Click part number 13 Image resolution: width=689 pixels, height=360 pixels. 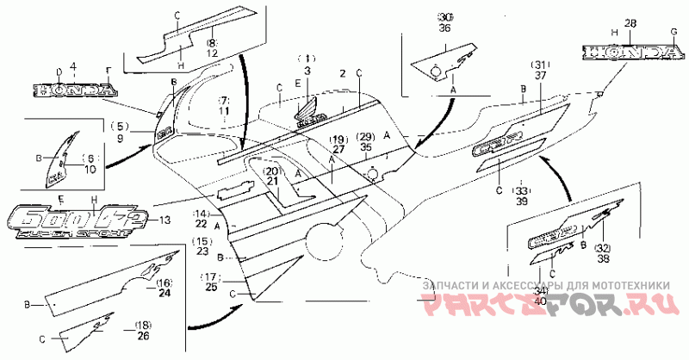(x=164, y=220)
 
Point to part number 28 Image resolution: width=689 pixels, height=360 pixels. (x=631, y=22)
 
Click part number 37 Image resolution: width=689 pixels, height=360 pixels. (x=540, y=76)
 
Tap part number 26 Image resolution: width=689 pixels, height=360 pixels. (x=143, y=335)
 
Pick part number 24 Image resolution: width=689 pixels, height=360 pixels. (x=164, y=293)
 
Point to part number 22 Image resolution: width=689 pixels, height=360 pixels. (x=202, y=224)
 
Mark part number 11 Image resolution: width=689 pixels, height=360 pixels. (x=224, y=112)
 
